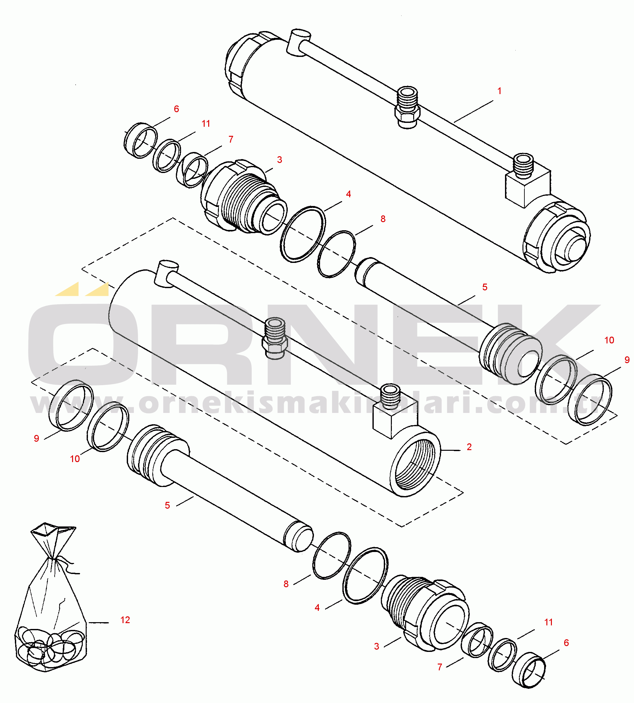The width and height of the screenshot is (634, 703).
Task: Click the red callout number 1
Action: (x=499, y=91)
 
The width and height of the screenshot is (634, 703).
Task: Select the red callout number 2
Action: (x=469, y=447)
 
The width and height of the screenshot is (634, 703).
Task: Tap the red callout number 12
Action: (x=125, y=620)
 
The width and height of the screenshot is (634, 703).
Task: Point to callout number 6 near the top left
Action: (x=176, y=109)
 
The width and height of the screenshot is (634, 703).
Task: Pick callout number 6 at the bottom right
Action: (x=566, y=643)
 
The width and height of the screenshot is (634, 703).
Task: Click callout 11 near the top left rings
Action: (x=206, y=124)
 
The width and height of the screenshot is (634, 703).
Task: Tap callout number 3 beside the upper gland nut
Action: (x=279, y=160)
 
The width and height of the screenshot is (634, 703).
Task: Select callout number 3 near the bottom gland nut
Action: (x=377, y=646)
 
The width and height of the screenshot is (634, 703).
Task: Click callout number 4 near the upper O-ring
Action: (x=348, y=194)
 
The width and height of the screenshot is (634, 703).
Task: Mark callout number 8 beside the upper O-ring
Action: (x=383, y=219)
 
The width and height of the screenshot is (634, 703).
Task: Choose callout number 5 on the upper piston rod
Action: (x=485, y=287)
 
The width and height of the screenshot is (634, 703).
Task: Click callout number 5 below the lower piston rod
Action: (x=167, y=505)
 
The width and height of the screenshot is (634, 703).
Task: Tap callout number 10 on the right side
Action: (x=609, y=341)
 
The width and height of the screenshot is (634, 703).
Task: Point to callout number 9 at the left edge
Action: (x=36, y=438)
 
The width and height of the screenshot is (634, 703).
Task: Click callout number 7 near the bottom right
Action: (x=440, y=667)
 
